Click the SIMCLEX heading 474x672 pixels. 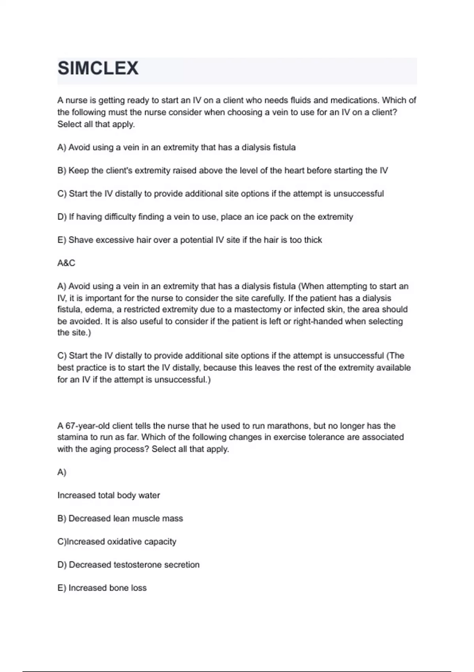click(x=98, y=68)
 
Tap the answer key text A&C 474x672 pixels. click(x=66, y=263)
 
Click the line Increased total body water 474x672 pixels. click(x=109, y=495)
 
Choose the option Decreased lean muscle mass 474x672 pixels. click(x=120, y=519)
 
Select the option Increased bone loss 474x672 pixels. click(x=102, y=588)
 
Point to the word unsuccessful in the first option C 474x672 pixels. click(x=358, y=194)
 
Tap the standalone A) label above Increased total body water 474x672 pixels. click(x=62, y=472)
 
